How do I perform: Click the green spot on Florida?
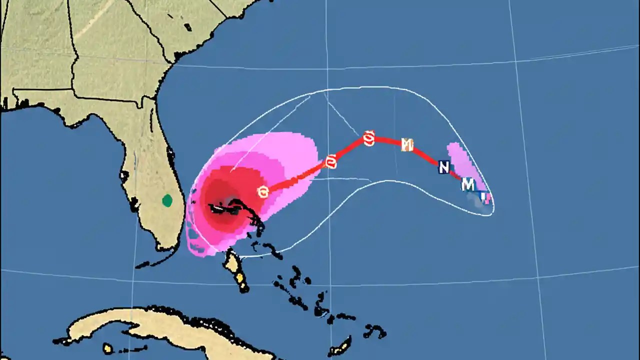167,201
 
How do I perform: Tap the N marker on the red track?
443,167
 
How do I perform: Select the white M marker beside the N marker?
468,184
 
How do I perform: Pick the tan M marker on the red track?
407,145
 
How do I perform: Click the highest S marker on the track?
369,138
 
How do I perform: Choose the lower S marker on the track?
330,162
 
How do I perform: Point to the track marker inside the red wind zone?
263,191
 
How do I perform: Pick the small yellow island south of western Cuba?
107,348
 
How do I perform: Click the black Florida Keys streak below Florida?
150,262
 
